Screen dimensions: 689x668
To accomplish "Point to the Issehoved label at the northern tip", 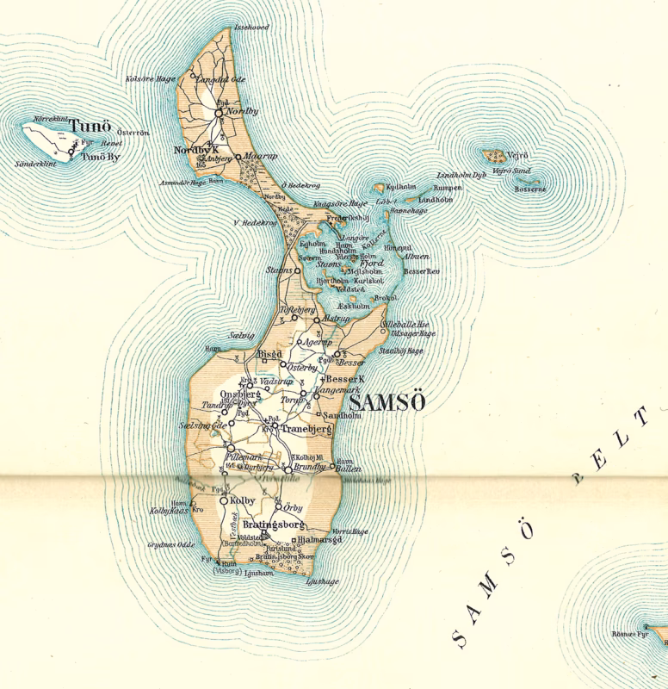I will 251,28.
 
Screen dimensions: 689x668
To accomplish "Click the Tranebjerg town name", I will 306,428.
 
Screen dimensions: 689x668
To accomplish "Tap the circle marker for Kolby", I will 223,500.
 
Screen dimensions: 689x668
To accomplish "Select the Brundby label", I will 311,466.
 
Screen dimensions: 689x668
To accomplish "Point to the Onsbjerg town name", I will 240,394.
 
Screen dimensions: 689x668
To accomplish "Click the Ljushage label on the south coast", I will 322,581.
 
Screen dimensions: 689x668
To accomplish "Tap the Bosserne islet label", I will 529,189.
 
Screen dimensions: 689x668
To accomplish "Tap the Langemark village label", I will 338,390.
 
